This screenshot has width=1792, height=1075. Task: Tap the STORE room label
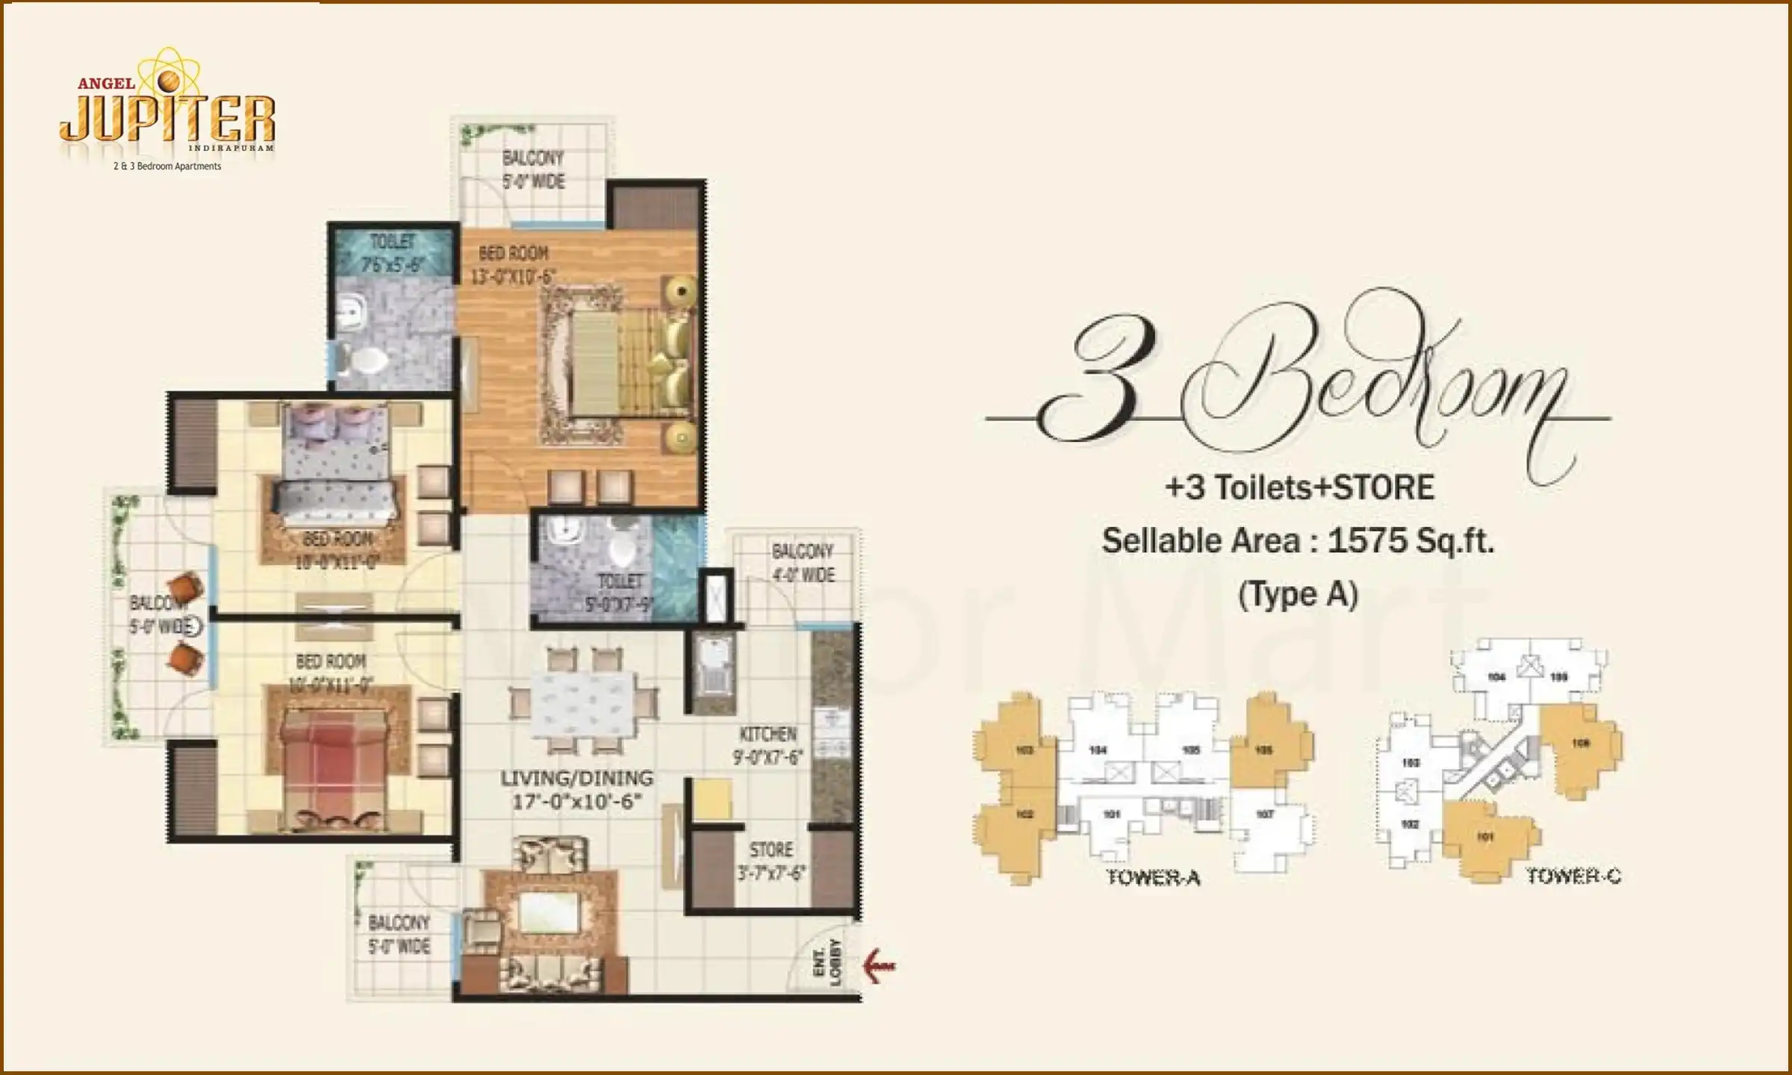pos(771,850)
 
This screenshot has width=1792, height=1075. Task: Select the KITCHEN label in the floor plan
pos(768,734)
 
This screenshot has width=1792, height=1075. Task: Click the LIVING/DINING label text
pos(576,778)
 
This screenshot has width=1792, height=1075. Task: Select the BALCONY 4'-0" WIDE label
pos(803,563)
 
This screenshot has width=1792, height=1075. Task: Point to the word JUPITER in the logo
pos(167,119)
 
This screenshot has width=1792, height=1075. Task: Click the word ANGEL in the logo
pos(107,84)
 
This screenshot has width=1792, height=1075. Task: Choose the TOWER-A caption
pos(1153,878)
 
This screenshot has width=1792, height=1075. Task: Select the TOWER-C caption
pos(1572,876)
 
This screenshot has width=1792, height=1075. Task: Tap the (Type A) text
pos(1298,595)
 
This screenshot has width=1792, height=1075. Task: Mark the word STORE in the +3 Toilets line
pos(1384,487)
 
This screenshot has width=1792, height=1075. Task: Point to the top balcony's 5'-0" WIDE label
pos(533,181)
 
